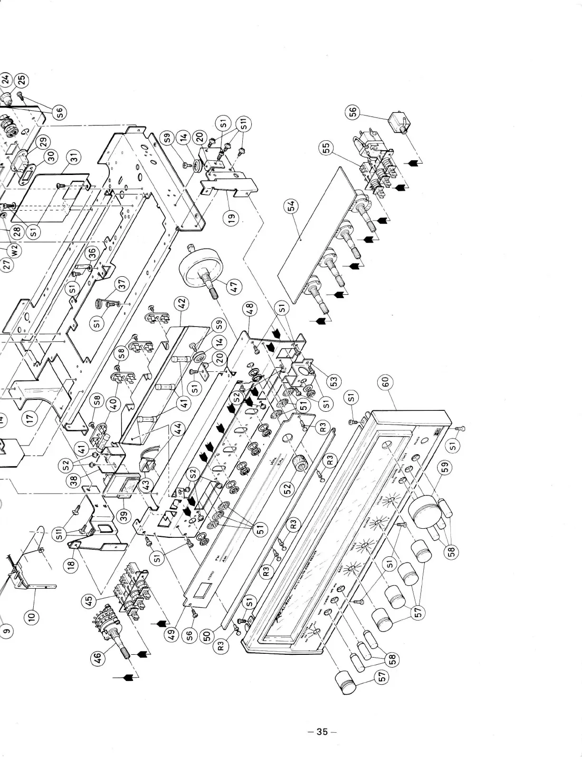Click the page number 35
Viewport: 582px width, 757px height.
click(x=322, y=731)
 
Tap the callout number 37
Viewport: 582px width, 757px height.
click(x=123, y=284)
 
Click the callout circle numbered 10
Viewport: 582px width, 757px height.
click(x=32, y=617)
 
